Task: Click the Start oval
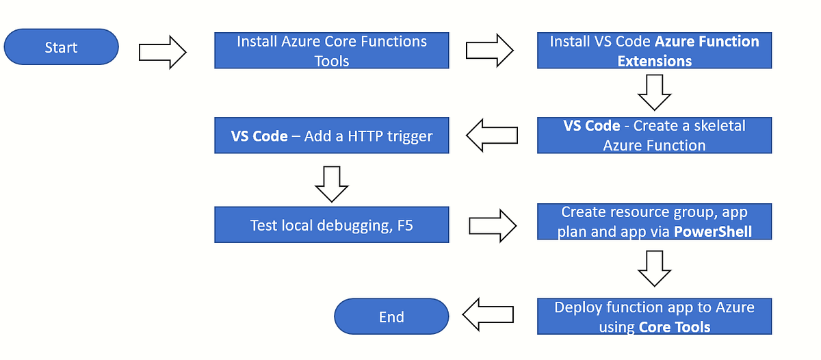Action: (61, 47)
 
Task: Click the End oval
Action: (391, 317)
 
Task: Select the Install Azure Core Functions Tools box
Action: (332, 51)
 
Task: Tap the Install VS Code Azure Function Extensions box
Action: (654, 51)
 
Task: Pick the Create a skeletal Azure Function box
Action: (654, 135)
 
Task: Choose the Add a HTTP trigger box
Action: (332, 136)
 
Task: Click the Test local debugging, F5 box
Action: (332, 225)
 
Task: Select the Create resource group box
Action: (654, 222)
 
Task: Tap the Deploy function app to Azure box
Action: (654, 316)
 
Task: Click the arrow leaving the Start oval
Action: (162, 52)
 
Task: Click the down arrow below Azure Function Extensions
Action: (654, 92)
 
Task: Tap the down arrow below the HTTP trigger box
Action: (333, 183)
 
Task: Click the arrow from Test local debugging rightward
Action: (493, 225)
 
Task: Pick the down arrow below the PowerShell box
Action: (654, 268)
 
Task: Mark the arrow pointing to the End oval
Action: (488, 314)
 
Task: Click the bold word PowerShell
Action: (712, 231)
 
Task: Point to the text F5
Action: (405, 225)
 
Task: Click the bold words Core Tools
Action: (674, 326)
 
